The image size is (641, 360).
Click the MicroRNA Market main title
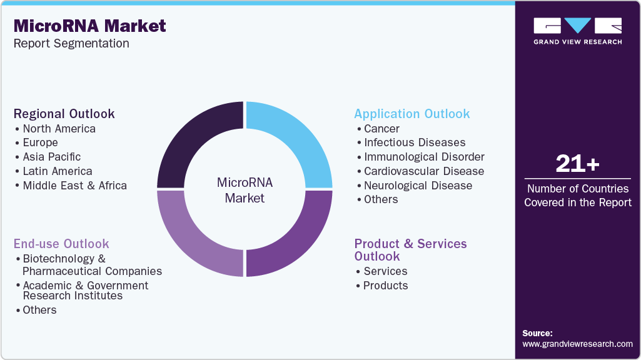(90, 26)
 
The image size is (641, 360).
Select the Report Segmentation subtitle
(71, 44)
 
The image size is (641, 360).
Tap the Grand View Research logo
(577, 31)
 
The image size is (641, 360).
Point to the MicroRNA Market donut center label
(245, 190)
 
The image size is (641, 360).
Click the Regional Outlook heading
(64, 114)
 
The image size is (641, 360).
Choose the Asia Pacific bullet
(51, 157)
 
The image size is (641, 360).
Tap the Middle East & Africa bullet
(74, 186)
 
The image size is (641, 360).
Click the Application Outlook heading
(411, 114)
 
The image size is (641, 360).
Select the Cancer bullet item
(381, 129)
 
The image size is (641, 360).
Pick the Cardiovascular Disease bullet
(424, 171)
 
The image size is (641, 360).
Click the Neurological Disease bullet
(418, 186)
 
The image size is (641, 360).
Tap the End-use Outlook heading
(61, 244)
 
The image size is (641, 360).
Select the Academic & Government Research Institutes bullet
(85, 290)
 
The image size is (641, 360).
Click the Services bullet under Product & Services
(385, 271)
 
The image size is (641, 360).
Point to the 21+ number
(577, 164)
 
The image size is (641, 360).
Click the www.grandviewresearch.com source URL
(577, 344)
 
